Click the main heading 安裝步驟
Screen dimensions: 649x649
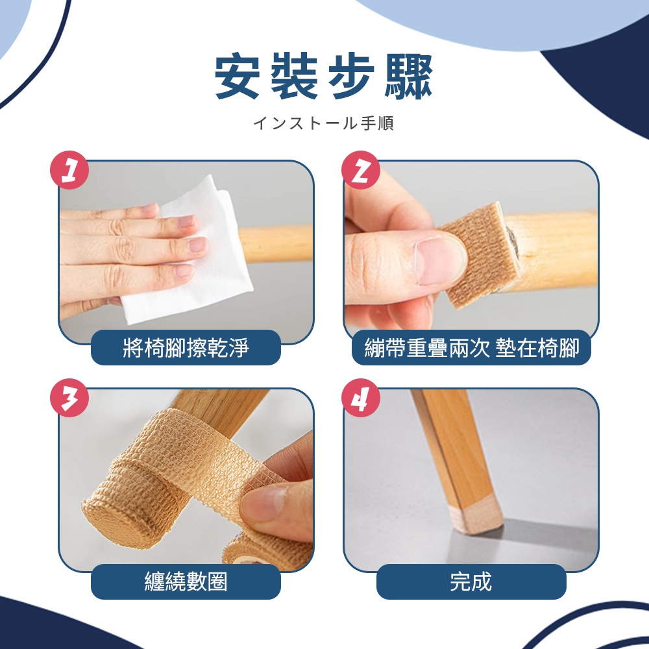(324, 77)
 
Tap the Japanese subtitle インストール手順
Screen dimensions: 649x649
(324, 123)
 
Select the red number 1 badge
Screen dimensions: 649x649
(69, 170)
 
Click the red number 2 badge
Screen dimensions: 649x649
(361, 170)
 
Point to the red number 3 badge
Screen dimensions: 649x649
(69, 398)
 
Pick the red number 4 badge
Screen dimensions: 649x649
(361, 398)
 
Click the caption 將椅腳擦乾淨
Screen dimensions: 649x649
(186, 348)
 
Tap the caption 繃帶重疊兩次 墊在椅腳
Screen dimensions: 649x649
(471, 348)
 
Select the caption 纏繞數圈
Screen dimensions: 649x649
(186, 582)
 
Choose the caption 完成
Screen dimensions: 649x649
(471, 582)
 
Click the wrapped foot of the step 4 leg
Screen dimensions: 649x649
(476, 515)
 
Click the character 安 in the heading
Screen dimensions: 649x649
(237, 77)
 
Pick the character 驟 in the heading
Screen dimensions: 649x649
(409, 77)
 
